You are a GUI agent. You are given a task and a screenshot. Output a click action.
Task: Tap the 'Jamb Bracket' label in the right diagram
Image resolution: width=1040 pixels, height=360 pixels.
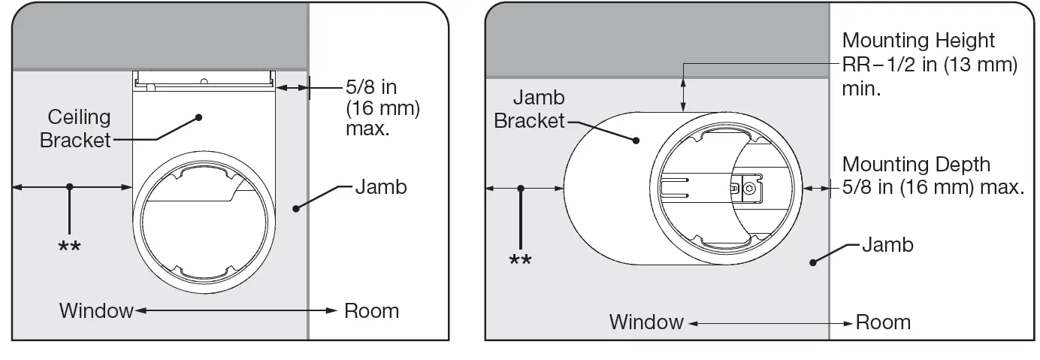pos(529,110)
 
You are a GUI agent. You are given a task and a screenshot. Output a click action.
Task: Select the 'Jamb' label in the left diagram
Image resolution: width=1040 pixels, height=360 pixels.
pos(380,186)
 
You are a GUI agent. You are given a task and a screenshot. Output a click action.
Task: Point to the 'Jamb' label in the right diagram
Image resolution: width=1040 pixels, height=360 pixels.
pos(887,244)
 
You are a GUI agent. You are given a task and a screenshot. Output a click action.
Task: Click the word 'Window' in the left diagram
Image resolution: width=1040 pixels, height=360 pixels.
pos(96,310)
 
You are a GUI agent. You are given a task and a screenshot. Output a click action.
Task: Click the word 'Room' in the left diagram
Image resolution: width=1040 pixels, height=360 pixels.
pos(371,310)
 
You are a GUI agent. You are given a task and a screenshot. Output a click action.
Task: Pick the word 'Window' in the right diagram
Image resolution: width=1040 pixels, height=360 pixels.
pos(646,322)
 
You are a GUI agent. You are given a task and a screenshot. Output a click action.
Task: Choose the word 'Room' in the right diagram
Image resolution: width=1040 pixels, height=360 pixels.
pos(883,322)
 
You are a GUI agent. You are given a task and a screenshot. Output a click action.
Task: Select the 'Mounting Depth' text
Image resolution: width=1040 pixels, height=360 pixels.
pos(916,164)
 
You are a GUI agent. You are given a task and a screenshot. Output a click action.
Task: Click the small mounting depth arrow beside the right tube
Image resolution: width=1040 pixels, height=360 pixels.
pos(815,188)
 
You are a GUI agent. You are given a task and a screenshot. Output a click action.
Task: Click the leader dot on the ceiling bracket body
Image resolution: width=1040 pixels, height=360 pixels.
pos(199,117)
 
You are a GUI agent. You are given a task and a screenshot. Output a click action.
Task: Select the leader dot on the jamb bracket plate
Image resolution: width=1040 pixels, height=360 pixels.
pos(636,140)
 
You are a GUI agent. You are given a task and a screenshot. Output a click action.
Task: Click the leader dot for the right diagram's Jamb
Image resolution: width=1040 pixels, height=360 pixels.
pos(813,262)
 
